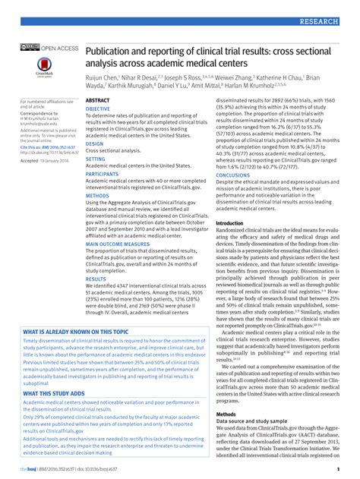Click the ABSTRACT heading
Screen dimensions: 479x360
coord(97,100)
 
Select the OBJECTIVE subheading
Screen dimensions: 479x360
coord(98,109)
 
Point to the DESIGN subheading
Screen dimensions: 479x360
coord(94,143)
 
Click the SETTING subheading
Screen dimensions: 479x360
coord(96,159)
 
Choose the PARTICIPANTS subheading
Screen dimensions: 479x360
coord(103,174)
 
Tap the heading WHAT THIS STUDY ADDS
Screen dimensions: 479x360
coord(52,393)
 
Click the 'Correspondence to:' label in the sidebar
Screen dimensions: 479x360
coord(37,112)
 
